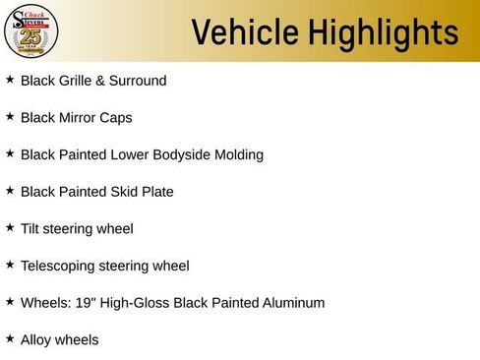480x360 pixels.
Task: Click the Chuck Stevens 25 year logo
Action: pyautogui.click(x=31, y=31)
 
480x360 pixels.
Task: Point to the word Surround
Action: pyautogui.click(x=139, y=81)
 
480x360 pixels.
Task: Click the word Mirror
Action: pyautogui.click(x=81, y=118)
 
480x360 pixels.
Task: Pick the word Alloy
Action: pyautogui.click(x=37, y=340)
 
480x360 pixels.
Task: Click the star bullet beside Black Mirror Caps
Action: pyautogui.click(x=11, y=116)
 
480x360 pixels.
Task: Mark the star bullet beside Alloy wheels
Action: pyautogui.click(x=11, y=338)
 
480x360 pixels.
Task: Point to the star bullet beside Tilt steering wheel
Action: pyautogui.click(x=11, y=227)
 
